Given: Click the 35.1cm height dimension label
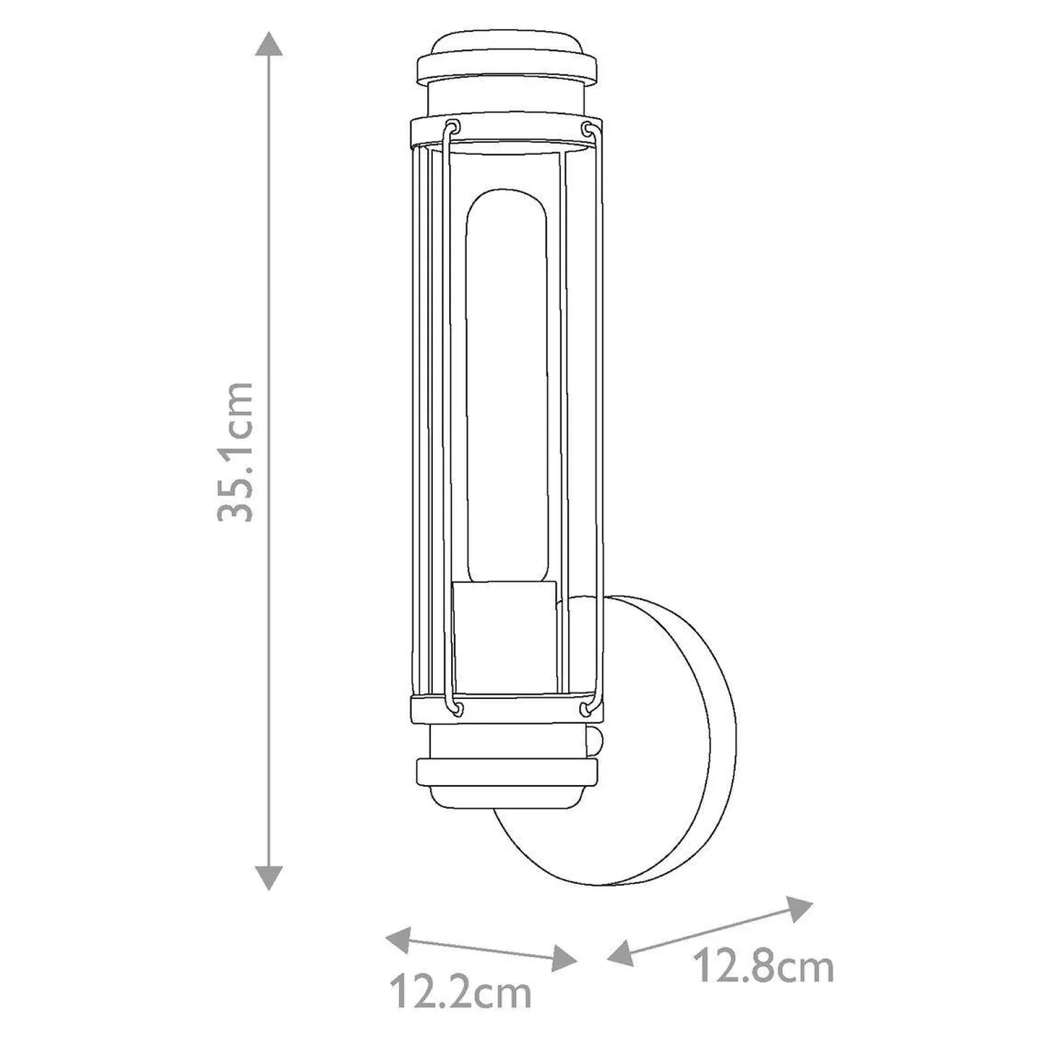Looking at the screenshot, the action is (236, 452).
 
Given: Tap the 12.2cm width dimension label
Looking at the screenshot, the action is (460, 994).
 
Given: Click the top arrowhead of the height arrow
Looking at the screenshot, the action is (269, 45).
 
